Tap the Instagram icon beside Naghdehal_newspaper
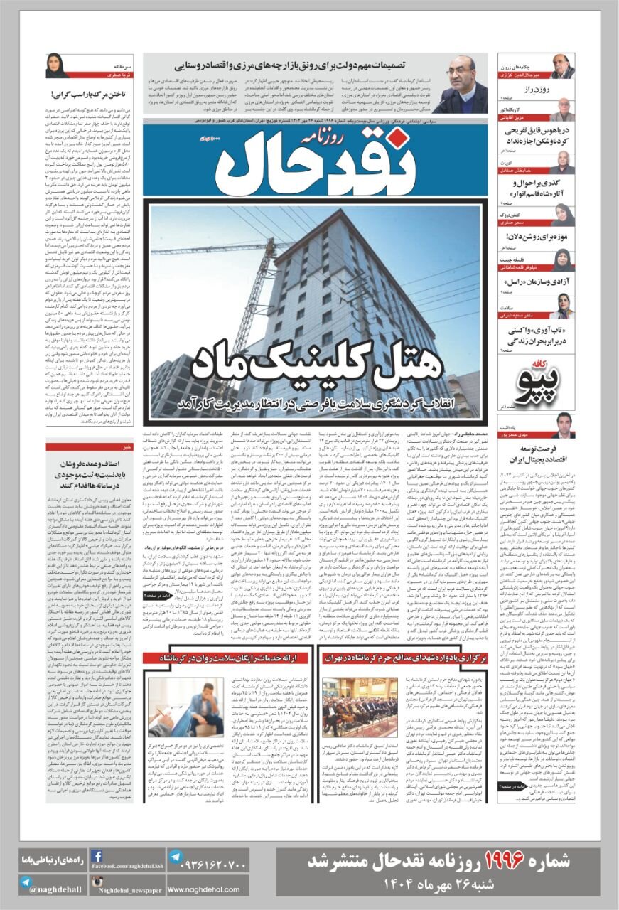[x=98, y=884]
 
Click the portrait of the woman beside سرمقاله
[x=57, y=66]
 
